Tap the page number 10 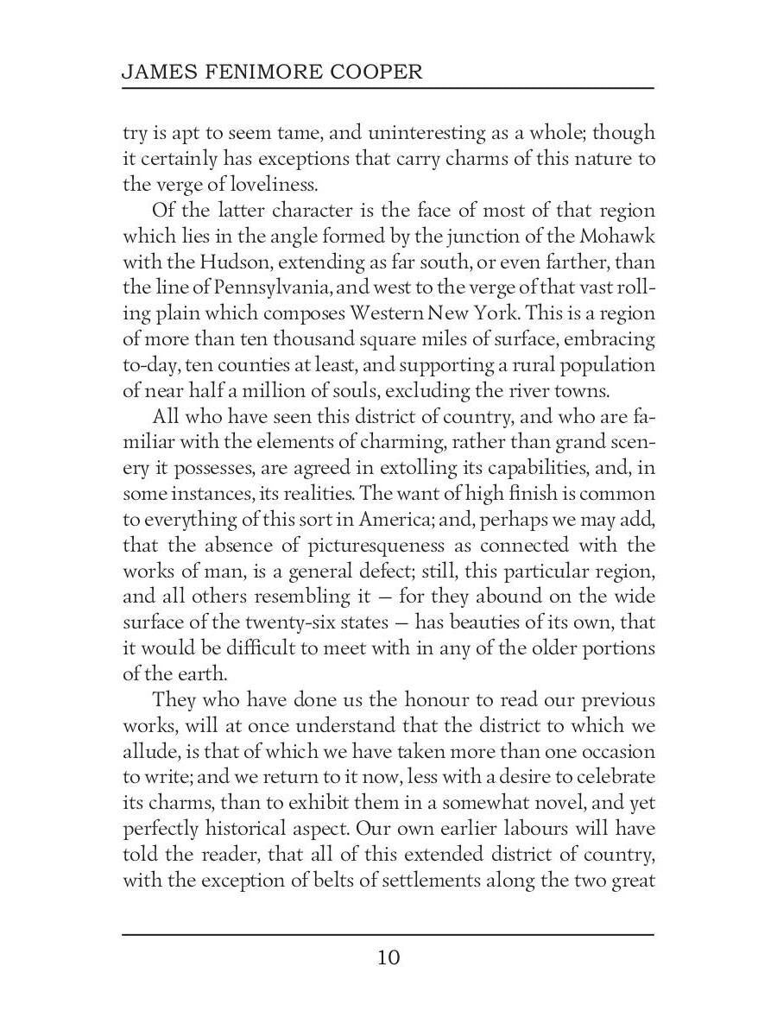(x=388, y=957)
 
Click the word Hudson (x=207, y=262)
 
